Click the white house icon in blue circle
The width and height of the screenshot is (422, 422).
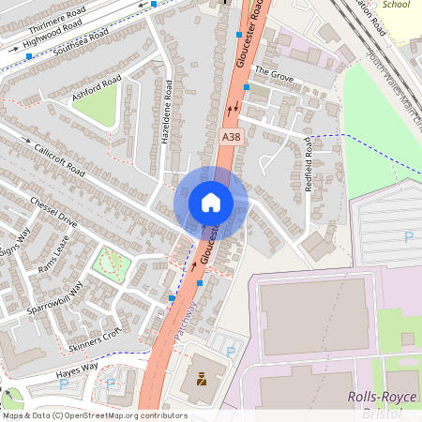[211, 202]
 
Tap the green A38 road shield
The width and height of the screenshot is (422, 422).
[231, 137]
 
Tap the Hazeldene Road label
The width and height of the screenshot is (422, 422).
[168, 116]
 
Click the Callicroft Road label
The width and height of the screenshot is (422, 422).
[58, 160]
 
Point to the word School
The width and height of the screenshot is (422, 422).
[397, 5]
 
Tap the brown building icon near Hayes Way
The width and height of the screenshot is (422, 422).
[200, 380]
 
